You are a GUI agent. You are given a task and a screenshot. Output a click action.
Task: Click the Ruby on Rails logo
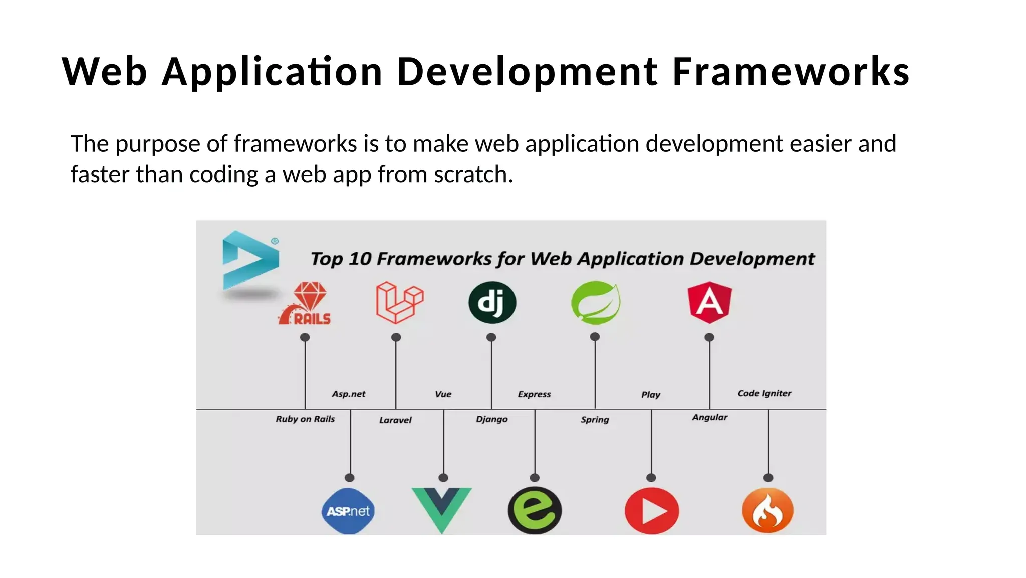click(306, 303)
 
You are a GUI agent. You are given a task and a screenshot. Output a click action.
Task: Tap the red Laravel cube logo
click(399, 302)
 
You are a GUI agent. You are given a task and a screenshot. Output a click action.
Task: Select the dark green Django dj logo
click(492, 302)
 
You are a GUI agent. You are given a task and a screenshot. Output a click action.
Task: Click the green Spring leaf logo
click(596, 302)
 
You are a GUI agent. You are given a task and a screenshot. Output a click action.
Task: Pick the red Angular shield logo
click(710, 302)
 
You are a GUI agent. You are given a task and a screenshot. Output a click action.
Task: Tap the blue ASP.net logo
click(348, 511)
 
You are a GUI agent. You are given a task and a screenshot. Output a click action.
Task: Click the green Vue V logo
click(441, 508)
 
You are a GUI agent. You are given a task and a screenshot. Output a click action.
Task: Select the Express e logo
click(535, 510)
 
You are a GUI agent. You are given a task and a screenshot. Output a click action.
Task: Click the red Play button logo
click(652, 511)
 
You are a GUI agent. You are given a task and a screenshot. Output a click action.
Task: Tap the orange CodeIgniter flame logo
click(767, 511)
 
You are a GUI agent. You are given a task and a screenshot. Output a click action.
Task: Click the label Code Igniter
click(764, 393)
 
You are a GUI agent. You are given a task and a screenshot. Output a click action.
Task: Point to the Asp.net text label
click(349, 394)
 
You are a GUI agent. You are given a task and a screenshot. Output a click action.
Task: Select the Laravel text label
click(395, 420)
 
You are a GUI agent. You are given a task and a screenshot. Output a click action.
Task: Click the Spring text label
click(595, 420)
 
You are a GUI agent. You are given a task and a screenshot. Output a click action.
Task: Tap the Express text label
click(534, 394)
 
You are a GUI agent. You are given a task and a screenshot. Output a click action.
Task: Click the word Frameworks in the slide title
click(791, 71)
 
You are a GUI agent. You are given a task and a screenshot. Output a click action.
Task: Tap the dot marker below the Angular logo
click(709, 337)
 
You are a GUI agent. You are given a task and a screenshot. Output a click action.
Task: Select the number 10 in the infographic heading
click(360, 259)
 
